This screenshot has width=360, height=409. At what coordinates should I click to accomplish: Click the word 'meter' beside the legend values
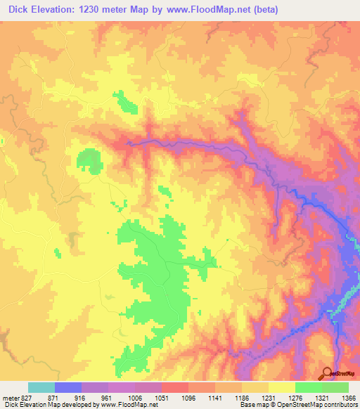[10, 397]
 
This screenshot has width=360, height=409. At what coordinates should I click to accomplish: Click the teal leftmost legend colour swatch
[41, 387]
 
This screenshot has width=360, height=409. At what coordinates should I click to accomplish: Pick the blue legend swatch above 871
[68, 387]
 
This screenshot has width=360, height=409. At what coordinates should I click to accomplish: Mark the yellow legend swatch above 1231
[282, 387]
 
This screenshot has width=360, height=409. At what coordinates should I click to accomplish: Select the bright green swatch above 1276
[309, 387]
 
